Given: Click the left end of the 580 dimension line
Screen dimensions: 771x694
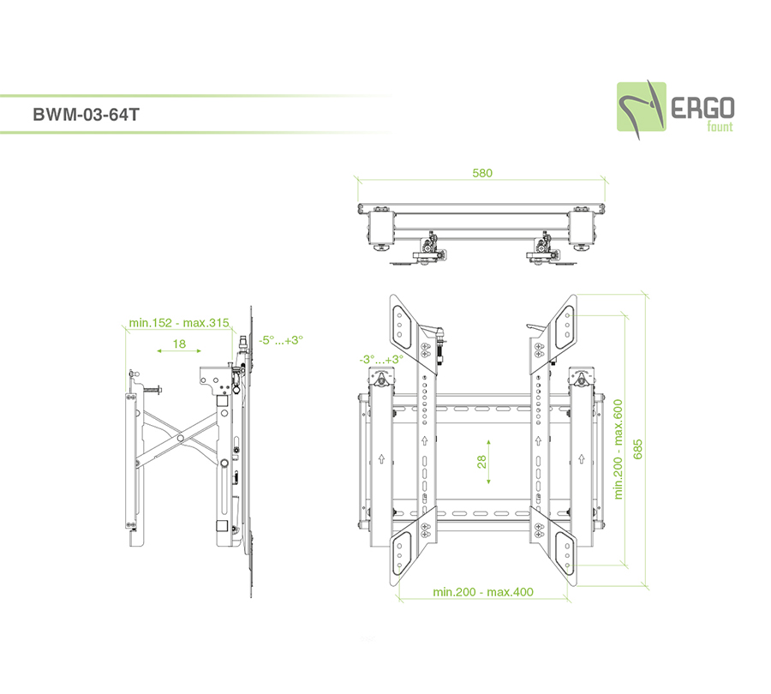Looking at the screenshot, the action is pos(358,181).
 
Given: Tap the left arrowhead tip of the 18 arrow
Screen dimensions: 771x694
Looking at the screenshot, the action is pos(158,350).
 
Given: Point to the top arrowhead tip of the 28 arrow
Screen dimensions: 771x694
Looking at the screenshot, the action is pos(488,440).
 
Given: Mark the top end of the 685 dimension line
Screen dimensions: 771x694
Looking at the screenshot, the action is pos(645,295).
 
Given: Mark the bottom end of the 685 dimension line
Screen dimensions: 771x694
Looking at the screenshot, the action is pos(645,585).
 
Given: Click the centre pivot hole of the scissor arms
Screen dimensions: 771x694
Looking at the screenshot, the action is pos(181,438).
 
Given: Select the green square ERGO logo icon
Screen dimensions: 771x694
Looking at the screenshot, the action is pos(642,107).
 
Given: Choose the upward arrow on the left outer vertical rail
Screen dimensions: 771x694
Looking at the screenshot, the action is pos(381,459).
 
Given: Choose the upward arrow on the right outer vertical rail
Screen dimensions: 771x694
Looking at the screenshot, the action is pos(581,459).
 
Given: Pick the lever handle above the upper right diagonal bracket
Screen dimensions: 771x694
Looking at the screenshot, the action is pos(537,326).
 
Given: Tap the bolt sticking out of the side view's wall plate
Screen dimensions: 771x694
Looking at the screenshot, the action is pos(152,391).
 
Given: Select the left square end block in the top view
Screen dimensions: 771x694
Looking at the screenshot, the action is pos(381,228).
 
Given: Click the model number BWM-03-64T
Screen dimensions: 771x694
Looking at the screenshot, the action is pos(86,115).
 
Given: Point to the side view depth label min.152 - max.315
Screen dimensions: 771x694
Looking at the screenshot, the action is pos(179,323).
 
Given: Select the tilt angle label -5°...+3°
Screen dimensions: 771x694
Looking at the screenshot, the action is pos(281,340).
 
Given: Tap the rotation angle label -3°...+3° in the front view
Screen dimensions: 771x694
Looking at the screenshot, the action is pos(381,360).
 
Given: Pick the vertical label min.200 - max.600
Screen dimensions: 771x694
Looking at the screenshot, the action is pos(618,449).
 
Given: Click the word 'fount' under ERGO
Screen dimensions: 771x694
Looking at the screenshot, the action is pos(720,127).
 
